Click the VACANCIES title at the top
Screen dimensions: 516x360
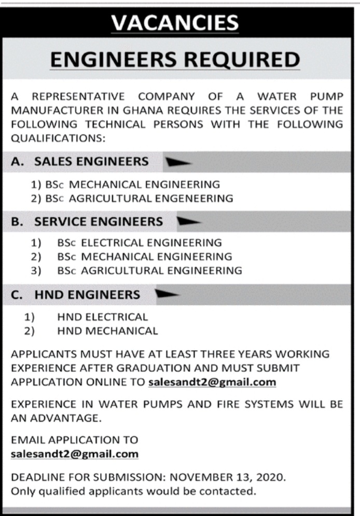tap(175, 23)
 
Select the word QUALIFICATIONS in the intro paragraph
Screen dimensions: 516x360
tap(58, 138)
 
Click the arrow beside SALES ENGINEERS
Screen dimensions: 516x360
tap(178, 162)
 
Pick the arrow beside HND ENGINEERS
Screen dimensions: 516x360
tap(167, 295)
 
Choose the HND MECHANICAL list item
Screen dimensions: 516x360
tap(108, 330)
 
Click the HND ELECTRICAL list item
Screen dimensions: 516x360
tap(103, 316)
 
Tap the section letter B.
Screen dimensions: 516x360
tap(16, 222)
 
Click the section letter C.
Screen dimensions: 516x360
tap(16, 295)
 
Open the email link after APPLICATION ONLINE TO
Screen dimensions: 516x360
tap(212, 383)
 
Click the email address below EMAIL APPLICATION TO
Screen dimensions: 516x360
tap(75, 454)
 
